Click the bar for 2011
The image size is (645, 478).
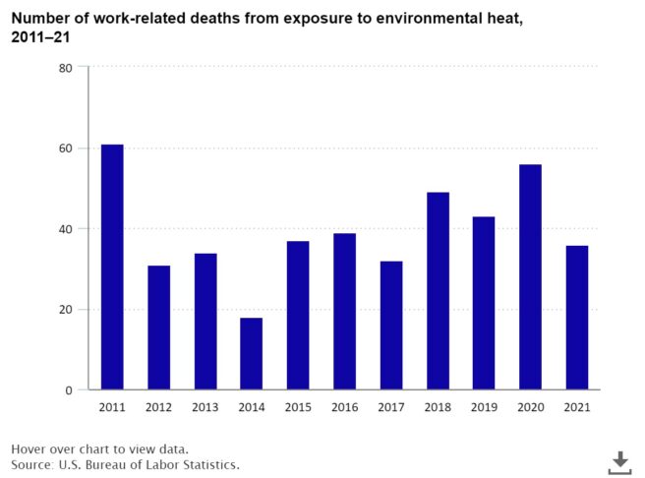[x=112, y=267]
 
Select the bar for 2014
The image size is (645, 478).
[x=251, y=353]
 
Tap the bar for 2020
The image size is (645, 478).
[x=530, y=276]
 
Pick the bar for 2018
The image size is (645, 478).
[x=438, y=290]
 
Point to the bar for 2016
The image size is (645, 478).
[x=344, y=311]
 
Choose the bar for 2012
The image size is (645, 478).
[x=158, y=328]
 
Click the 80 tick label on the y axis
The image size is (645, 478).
[x=65, y=68]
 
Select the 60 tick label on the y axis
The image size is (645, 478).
[x=65, y=149]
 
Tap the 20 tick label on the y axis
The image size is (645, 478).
[x=65, y=310]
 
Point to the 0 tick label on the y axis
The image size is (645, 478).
[x=69, y=390]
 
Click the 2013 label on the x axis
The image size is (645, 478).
[x=205, y=407]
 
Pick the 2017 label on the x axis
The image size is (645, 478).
[x=390, y=407]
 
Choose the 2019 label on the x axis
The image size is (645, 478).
[x=484, y=407]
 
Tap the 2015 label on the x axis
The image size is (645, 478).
[x=298, y=407]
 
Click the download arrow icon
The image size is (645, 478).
[x=619, y=461]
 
